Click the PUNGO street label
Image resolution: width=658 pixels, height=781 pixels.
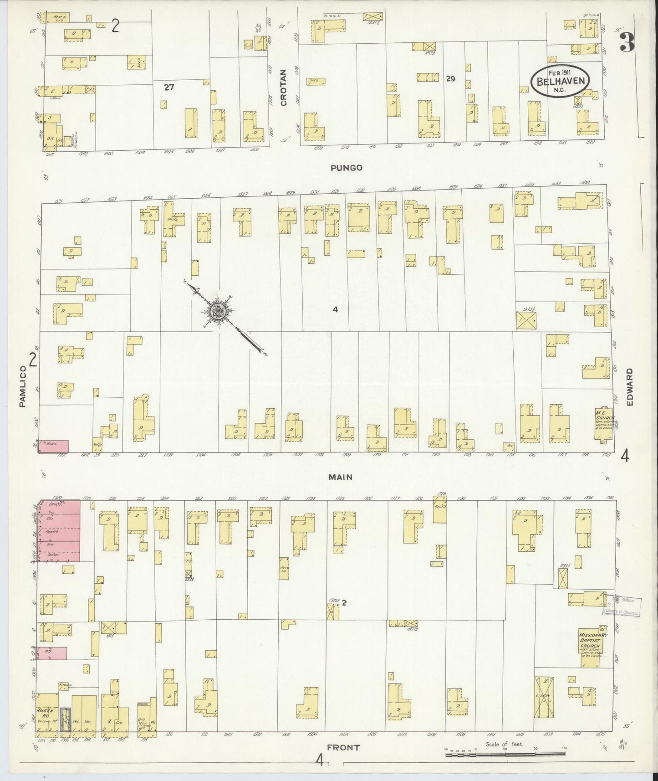coord(347,168)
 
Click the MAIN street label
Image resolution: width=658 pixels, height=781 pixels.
coord(341,477)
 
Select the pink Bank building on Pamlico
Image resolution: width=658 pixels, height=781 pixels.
coord(54,446)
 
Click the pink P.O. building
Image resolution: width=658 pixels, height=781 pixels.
coord(51,653)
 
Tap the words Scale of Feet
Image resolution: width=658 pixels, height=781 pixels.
coord(505,744)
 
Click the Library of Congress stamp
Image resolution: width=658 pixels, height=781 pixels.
coord(622,606)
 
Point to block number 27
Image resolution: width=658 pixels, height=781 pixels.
coord(169,87)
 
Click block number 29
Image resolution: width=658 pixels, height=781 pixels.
coord(450,79)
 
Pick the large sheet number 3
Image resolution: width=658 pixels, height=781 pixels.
coord(628,43)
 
